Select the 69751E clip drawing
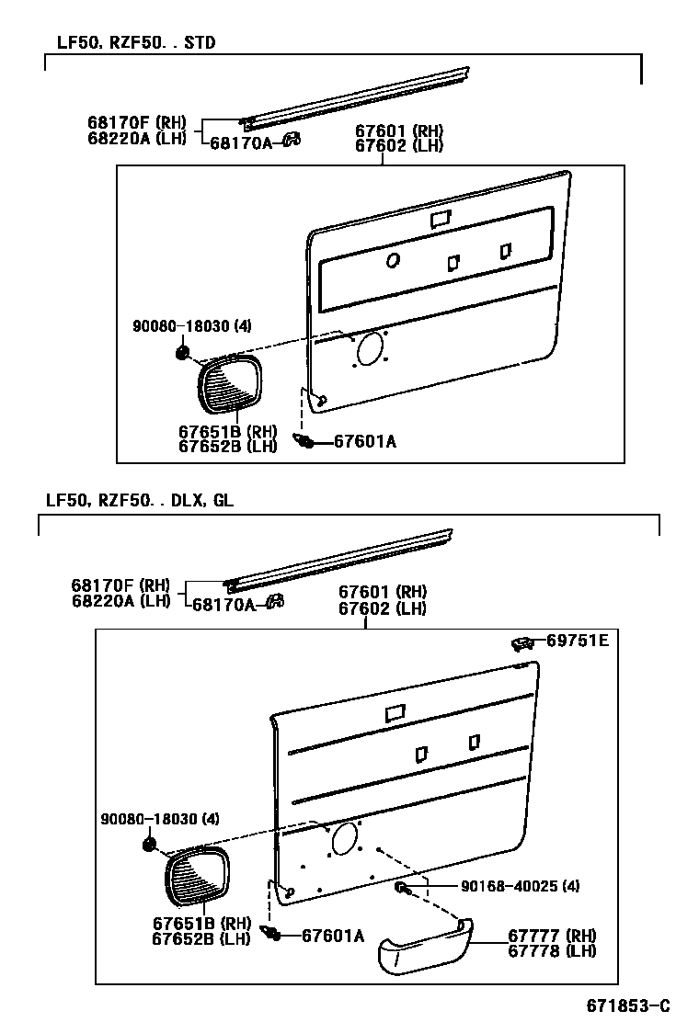point(522,642)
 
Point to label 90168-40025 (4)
point(520,886)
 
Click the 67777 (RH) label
point(553,936)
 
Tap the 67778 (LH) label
point(553,950)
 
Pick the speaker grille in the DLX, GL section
point(198,879)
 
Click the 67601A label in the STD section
point(364,442)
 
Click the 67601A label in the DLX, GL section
point(333,936)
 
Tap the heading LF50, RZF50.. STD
point(131,42)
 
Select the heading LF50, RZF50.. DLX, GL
point(140,500)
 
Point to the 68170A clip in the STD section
point(292,140)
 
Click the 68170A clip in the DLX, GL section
point(273,603)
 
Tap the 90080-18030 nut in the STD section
point(182,354)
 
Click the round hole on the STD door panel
point(393,260)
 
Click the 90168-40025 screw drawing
point(403,887)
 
